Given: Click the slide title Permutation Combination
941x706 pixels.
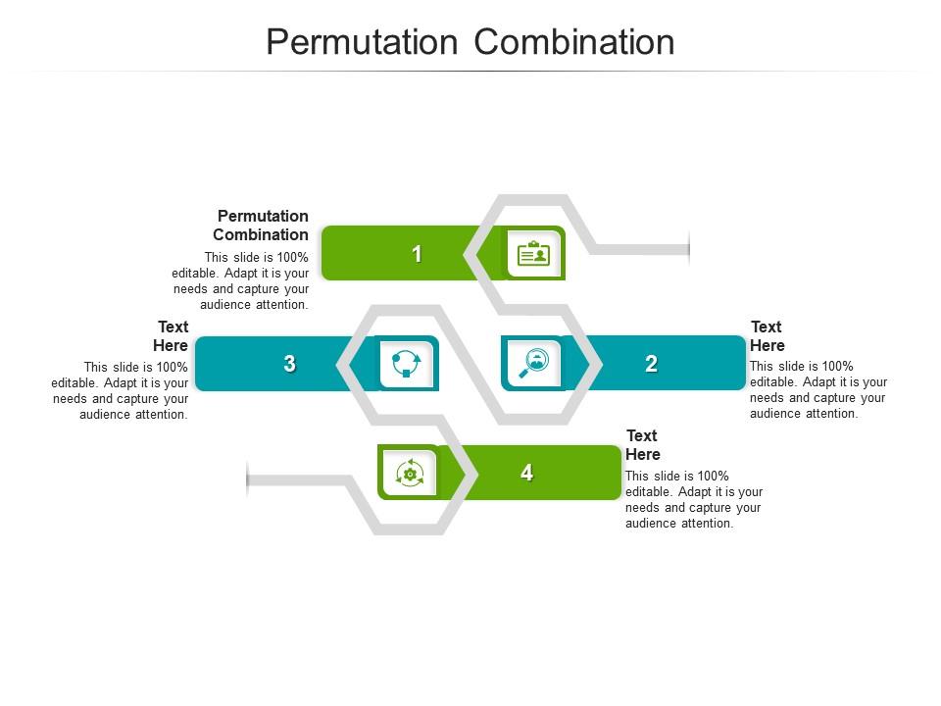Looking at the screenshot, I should coord(470,42).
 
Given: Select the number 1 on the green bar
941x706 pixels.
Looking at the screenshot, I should coord(417,254).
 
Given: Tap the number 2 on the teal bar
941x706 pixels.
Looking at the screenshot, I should coord(651,364).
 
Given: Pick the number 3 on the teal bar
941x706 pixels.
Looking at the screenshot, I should coord(289,364).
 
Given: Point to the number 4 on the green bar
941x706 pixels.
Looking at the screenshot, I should coord(526,473).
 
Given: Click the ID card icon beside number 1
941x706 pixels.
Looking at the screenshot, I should coord(533,254).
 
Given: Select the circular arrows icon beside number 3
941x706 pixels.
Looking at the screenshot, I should coord(406,363).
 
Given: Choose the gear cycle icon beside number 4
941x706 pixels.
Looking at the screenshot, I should coord(410,473).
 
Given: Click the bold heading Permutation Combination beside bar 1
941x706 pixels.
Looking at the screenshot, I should coord(261,226).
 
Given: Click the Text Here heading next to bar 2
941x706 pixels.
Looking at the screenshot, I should coord(768,335).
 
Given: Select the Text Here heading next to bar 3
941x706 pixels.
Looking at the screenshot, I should coord(172,335).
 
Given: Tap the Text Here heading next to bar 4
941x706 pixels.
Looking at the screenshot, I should coord(643,444).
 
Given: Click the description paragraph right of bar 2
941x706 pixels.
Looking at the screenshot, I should coord(818,390).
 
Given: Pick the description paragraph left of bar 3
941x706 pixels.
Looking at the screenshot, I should coord(121,390).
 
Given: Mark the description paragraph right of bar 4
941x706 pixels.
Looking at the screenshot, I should coord(694,499).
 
